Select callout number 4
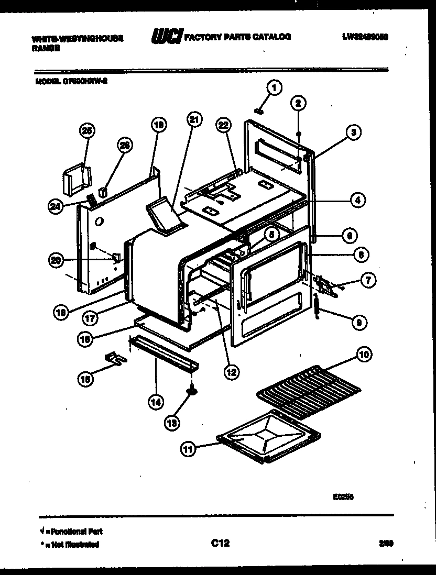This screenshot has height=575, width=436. [x=357, y=199]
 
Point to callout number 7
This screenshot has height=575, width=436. [x=368, y=281]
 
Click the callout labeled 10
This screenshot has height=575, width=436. [x=363, y=355]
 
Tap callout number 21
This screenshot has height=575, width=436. [x=194, y=120]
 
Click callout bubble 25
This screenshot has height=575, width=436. [x=87, y=131]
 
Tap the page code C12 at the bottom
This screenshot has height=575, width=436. [x=220, y=544]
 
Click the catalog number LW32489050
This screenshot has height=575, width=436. [x=367, y=37]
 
